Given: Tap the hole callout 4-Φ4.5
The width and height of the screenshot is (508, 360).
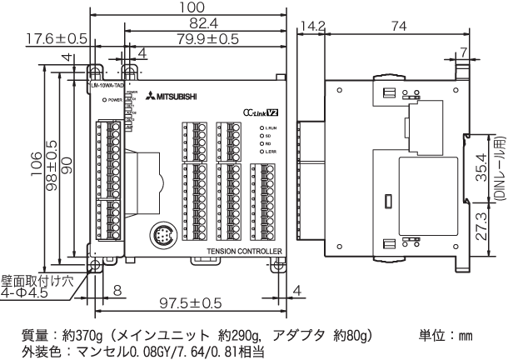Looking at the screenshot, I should (x=25, y=293).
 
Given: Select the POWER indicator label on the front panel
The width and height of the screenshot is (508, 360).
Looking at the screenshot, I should (x=115, y=99).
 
